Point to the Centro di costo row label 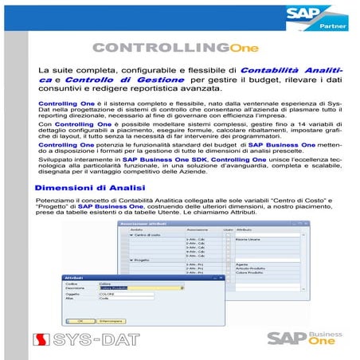tap(147, 235)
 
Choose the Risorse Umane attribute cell tap(255, 239)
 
